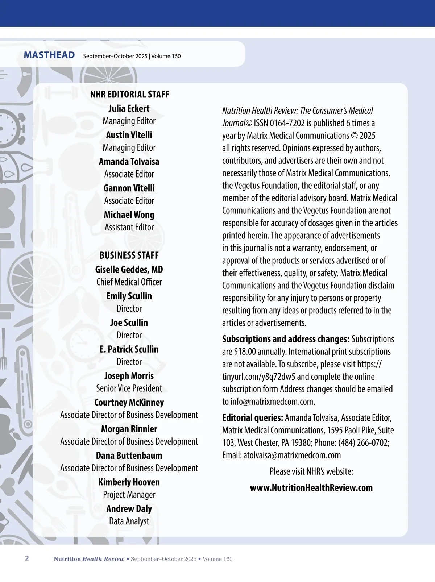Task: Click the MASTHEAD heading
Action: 49,55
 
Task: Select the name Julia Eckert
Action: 129,108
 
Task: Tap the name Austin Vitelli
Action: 129,135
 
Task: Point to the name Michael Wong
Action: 129,215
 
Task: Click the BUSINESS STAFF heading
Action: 129,255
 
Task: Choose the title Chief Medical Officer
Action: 129,282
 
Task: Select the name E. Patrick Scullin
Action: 129,349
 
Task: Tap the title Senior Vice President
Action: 129,388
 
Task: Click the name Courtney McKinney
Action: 129,402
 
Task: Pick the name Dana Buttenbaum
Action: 129,456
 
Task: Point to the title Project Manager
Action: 129,495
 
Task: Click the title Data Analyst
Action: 129,521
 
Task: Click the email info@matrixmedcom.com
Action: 272,402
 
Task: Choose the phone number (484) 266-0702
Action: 364,443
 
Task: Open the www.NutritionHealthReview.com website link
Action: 311,488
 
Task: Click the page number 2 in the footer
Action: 27,558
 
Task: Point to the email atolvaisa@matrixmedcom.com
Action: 292,455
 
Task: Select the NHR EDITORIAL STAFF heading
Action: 130,94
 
